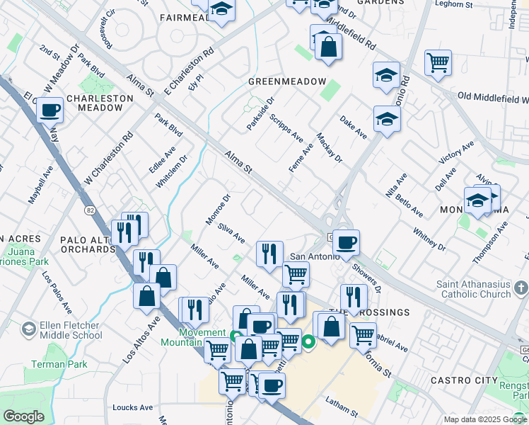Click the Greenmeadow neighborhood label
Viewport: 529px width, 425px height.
[x=286, y=82]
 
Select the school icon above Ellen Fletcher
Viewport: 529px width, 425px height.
[x=29, y=328]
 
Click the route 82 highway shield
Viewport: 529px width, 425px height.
[x=90, y=210]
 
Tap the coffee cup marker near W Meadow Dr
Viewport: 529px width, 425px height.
[x=50, y=110]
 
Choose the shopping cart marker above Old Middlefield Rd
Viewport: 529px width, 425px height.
[x=438, y=63]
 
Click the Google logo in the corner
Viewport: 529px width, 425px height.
[x=23, y=416]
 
